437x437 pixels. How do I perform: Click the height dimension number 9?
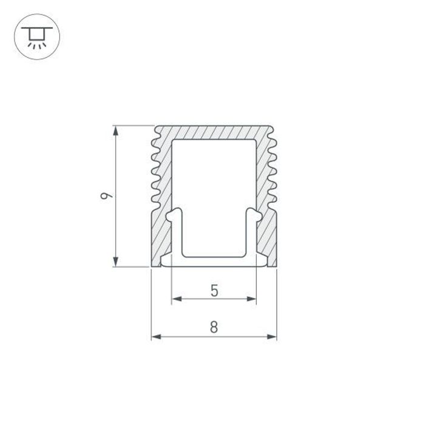click(106, 195)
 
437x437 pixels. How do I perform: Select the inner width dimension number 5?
click(214, 290)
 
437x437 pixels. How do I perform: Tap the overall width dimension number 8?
click(214, 327)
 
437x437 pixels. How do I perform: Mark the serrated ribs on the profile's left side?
click(155, 170)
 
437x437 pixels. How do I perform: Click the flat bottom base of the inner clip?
click(214, 262)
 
